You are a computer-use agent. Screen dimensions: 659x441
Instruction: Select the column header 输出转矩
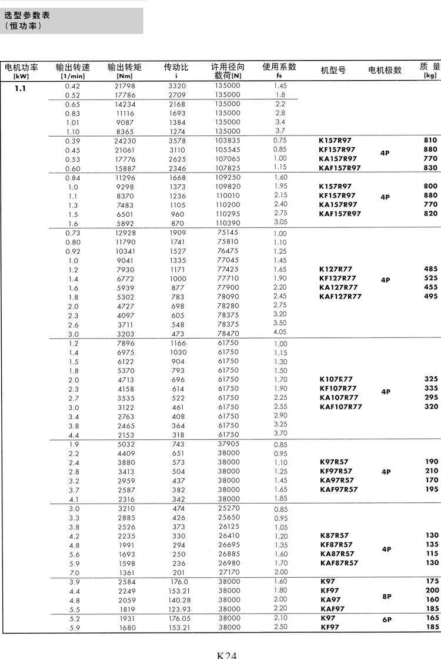click(x=125, y=68)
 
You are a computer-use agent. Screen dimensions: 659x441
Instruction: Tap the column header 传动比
click(x=176, y=68)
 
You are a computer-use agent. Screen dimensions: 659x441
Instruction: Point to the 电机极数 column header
click(x=385, y=70)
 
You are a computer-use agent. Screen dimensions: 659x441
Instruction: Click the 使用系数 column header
click(x=279, y=67)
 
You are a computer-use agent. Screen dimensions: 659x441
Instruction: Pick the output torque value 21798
click(x=125, y=86)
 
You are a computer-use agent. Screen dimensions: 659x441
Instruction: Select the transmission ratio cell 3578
click(x=176, y=141)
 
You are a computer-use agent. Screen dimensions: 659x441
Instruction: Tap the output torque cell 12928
click(x=125, y=233)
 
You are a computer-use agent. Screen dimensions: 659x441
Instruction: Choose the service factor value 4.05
click(x=280, y=332)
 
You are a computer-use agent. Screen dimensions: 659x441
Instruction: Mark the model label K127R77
click(x=337, y=269)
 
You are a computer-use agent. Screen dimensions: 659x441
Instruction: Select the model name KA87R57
click(x=337, y=554)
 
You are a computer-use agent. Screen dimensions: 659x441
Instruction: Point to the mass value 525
click(x=430, y=278)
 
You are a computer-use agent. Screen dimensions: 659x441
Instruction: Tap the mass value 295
click(x=430, y=398)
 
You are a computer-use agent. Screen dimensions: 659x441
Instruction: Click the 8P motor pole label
click(x=386, y=595)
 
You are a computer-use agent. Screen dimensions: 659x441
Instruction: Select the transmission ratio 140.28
click(x=176, y=600)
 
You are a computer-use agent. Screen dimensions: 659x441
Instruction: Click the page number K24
click(x=226, y=654)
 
